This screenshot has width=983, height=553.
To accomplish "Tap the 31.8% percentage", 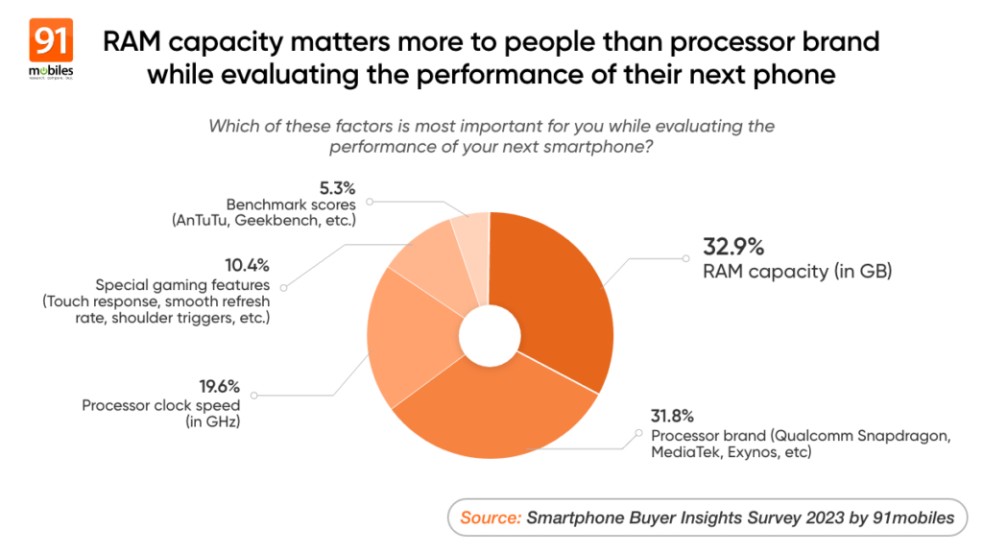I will point(671,417).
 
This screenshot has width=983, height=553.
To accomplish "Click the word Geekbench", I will point(296,222).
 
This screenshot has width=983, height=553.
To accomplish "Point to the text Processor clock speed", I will point(159,405).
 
